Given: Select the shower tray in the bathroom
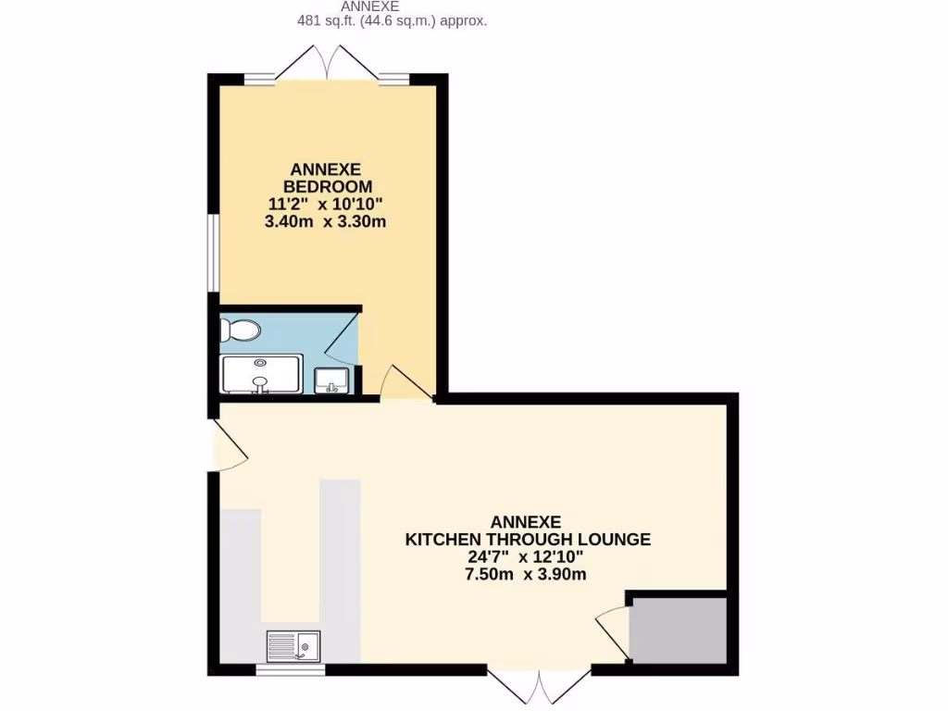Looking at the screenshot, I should (x=261, y=375).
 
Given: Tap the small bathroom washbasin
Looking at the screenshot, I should (x=331, y=380).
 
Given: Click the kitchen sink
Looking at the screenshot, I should (x=293, y=644).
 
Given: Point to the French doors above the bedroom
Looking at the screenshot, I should (x=328, y=63).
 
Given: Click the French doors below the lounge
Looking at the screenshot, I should (x=539, y=685).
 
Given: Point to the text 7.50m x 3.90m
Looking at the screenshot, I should (x=527, y=574).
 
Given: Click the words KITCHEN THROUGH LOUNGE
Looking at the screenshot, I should (x=527, y=539).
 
